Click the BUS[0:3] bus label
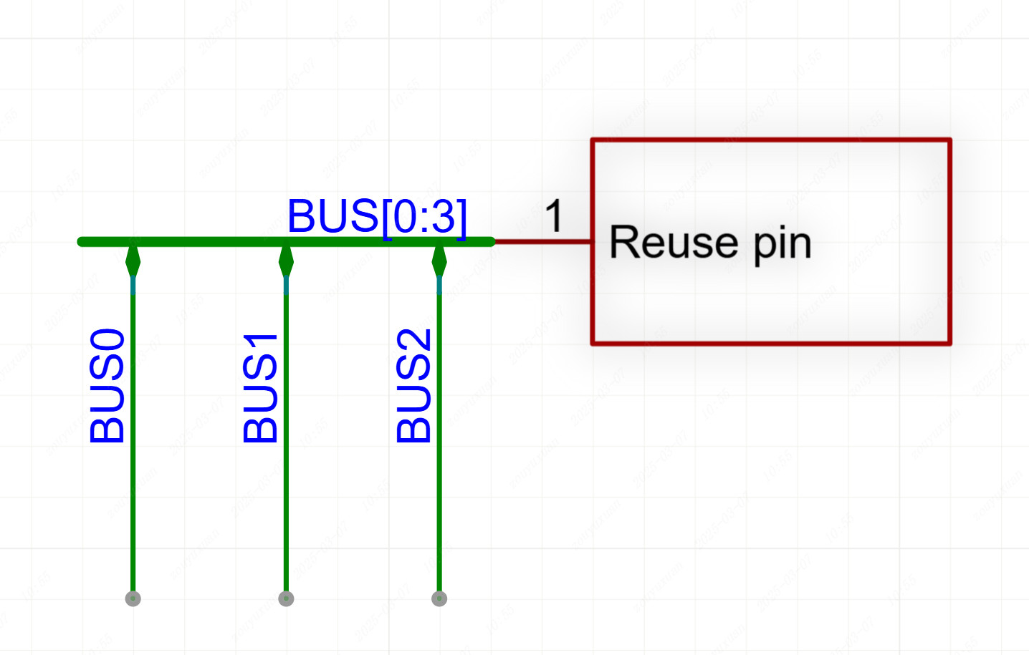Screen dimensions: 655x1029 point(377,215)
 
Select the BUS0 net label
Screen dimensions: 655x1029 point(107,386)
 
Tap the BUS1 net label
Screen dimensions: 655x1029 point(260,387)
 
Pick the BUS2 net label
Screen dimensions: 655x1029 point(413,386)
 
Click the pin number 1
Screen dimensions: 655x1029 point(554,215)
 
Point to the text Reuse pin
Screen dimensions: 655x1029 point(709,243)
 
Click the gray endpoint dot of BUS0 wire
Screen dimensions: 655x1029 point(133,598)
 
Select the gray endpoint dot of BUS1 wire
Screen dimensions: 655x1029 point(286,598)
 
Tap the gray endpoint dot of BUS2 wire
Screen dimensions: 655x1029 point(439,598)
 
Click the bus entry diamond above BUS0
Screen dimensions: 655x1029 point(133,261)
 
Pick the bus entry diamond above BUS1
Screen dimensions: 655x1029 point(286,261)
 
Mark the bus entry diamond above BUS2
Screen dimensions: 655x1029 point(439,261)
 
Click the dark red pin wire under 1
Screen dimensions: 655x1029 point(542,242)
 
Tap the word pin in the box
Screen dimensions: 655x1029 point(782,245)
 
